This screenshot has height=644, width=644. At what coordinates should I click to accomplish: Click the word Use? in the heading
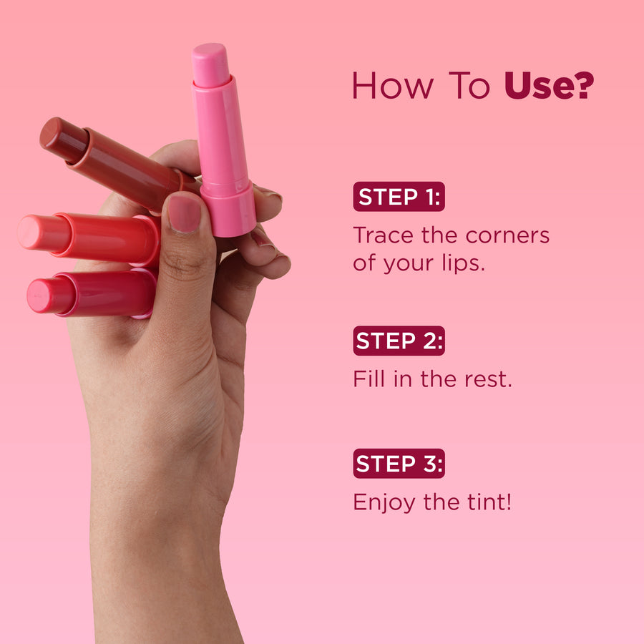point(549,85)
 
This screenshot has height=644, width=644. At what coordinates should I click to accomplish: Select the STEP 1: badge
point(399,196)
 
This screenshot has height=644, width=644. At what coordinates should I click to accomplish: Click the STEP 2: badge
point(399,341)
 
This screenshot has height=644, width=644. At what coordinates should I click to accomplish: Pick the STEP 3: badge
point(399,463)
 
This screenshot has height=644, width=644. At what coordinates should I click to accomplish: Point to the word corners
point(507,235)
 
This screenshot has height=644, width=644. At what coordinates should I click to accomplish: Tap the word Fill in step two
point(369,379)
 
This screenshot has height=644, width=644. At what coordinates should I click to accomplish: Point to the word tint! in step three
point(489,502)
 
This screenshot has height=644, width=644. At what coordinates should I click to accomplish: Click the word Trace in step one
point(383,235)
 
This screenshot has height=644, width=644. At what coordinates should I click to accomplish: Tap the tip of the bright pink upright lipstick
point(210,50)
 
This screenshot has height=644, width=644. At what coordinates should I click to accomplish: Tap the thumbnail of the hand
point(184,214)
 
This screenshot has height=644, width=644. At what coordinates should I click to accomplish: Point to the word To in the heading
point(469,85)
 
